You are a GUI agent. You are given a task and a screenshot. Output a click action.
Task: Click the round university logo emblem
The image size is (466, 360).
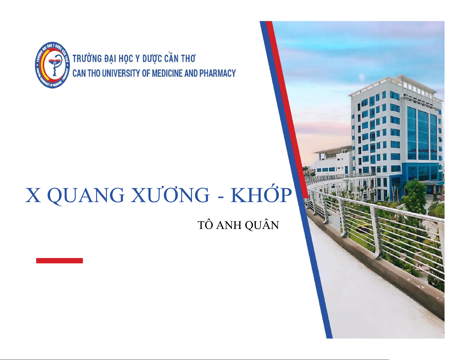(53, 65)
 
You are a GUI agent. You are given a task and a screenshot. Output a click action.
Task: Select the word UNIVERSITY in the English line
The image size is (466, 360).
(121, 73)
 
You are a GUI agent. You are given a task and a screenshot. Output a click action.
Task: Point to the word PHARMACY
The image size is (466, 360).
(218, 73)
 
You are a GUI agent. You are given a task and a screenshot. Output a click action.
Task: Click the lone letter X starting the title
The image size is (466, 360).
(33, 195)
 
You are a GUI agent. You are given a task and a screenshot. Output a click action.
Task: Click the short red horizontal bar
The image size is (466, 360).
(59, 261)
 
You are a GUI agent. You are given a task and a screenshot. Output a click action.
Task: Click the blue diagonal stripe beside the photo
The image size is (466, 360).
(296, 180)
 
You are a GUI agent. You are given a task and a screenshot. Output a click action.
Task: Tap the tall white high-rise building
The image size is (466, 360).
(397, 137)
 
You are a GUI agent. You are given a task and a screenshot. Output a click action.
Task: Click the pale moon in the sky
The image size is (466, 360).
(362, 77)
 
